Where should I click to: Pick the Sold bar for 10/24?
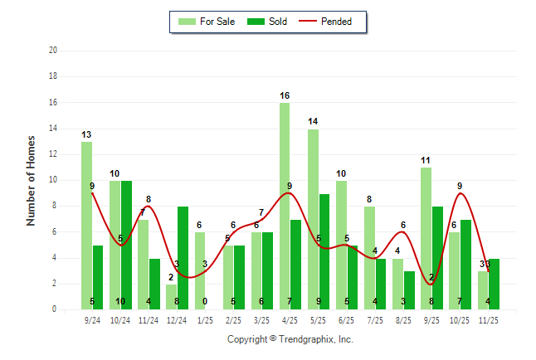coord(127,245)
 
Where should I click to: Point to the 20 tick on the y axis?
coord(53,50)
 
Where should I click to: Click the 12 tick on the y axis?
coord(53,153)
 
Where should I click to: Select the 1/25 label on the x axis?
coord(206,319)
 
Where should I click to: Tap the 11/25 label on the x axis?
coord(488,319)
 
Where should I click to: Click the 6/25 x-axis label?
coord(347,319)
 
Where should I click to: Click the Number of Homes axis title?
coord(31,180)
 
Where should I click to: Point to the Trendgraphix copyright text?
coord(290,339)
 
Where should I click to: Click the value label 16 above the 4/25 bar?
coord(285,95)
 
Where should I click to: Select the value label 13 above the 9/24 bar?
coord(86,134)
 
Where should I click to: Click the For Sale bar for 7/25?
coord(369,257)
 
